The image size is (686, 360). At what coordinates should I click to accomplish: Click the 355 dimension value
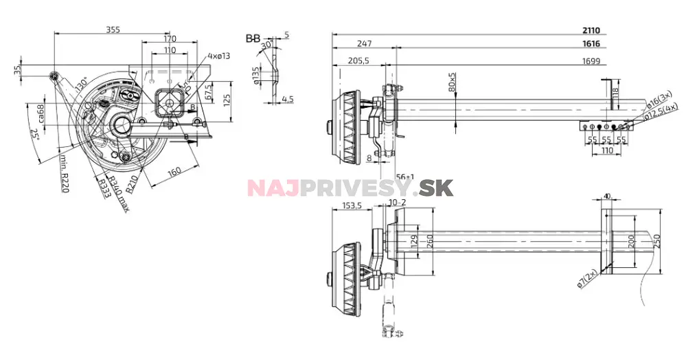pos(115,29)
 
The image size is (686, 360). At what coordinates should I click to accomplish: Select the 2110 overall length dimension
pos(591,30)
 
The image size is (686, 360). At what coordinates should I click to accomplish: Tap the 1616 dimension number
pos(591,43)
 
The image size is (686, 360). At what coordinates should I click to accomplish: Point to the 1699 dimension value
pos(591,61)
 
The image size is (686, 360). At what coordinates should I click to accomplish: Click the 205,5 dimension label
pos(358,60)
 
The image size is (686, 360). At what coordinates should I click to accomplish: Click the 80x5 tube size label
pos(452,83)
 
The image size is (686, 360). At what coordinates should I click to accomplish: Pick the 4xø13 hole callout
pos(220,55)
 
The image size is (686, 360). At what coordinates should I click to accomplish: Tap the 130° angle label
pos(81,85)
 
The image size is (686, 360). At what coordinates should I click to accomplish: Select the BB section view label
pos(253,39)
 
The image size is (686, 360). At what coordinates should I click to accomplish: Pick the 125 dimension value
pos(227,100)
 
